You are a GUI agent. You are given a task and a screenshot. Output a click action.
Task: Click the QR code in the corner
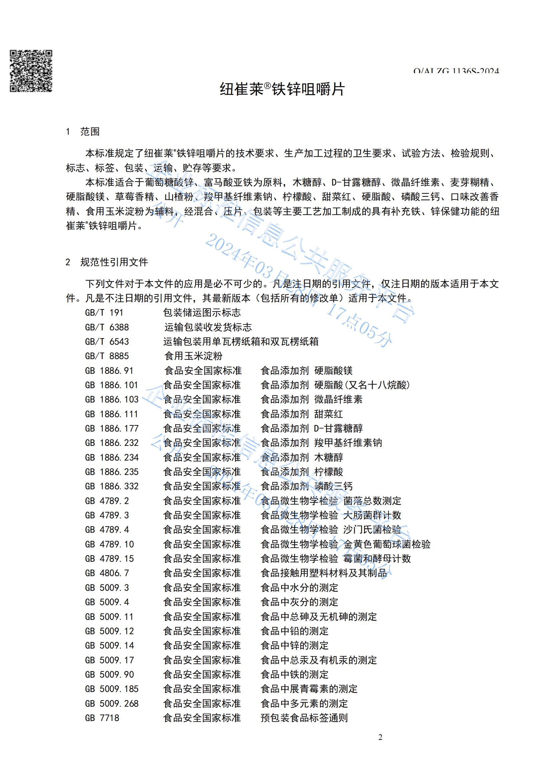point(31,71)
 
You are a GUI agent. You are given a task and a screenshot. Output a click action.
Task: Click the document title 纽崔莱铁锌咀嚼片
point(282,89)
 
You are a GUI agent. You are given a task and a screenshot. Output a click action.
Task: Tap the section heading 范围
point(90,132)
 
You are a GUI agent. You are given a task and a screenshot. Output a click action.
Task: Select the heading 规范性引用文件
point(114,262)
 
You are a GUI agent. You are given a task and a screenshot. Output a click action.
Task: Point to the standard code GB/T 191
point(104,313)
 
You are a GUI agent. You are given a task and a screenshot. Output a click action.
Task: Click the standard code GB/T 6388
point(107,327)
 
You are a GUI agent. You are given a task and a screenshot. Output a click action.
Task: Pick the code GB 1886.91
point(109,371)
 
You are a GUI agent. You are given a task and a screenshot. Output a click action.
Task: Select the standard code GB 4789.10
point(109,544)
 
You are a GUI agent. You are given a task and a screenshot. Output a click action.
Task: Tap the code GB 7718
point(102,718)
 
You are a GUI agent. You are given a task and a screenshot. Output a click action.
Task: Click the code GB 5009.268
point(112,704)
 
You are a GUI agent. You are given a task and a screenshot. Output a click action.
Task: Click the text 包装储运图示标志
point(202,313)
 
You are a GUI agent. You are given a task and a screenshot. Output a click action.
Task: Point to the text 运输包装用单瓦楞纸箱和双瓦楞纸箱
point(241,342)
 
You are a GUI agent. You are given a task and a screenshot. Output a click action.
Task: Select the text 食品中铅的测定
point(294,631)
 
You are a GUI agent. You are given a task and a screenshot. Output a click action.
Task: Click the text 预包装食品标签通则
point(304,718)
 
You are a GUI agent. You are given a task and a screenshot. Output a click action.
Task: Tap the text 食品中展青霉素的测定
point(309,689)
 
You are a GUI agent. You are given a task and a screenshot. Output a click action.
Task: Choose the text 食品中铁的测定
point(294,674)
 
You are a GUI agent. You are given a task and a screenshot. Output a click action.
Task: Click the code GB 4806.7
point(107,573)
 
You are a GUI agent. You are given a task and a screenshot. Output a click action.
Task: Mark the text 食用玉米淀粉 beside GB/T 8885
point(194,356)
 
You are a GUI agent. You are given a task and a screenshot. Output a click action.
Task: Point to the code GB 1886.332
point(112,486)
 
